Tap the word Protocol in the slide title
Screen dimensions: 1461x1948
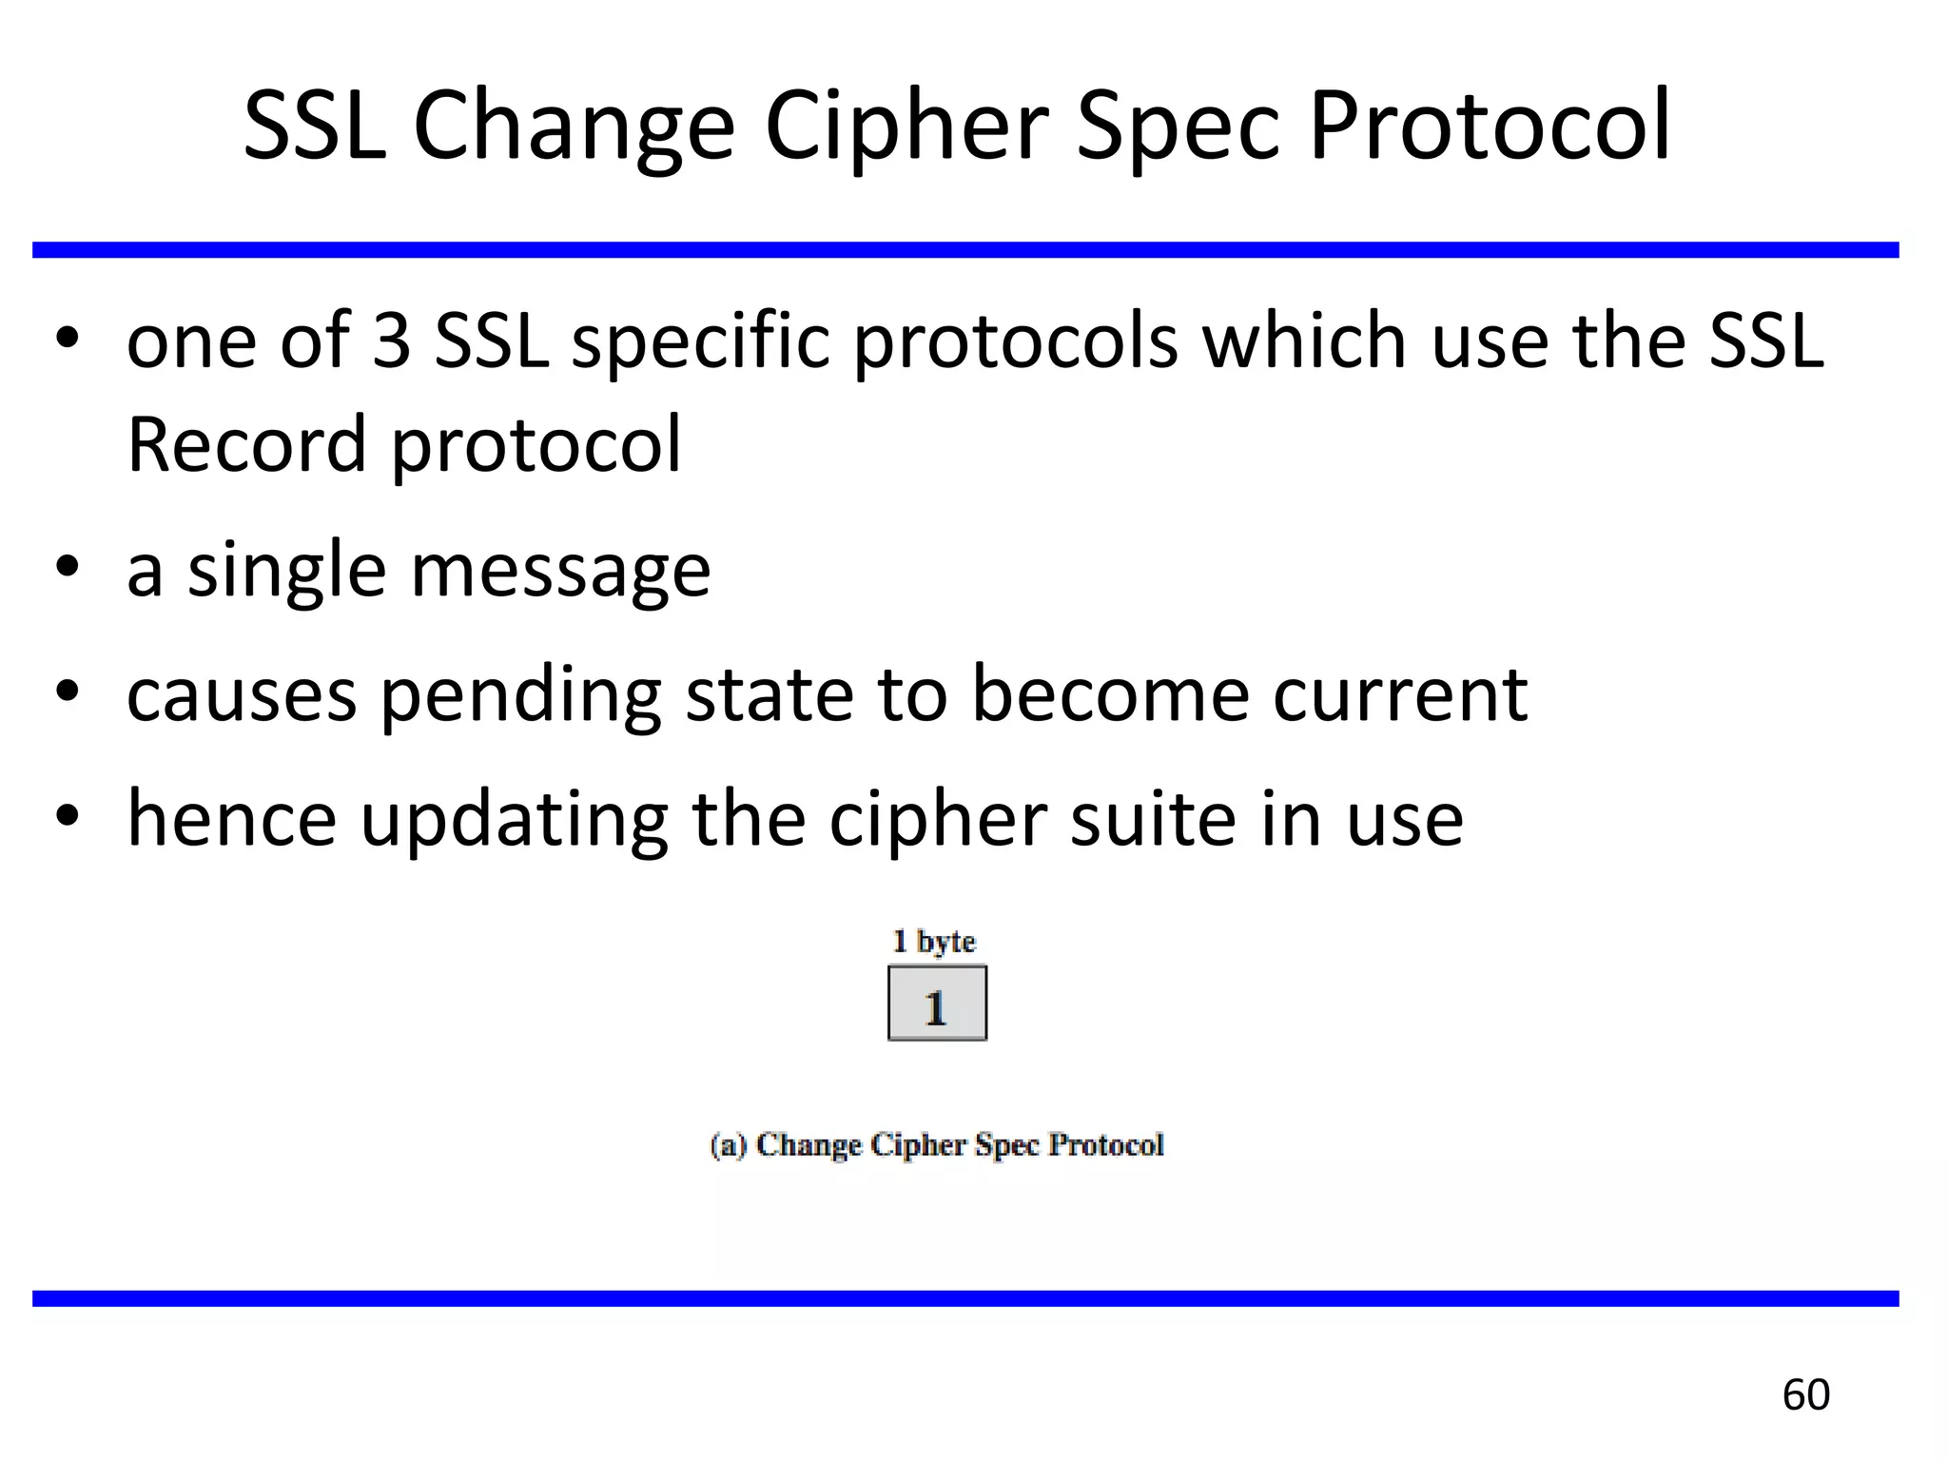(1489, 127)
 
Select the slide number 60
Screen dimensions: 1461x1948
(1805, 1394)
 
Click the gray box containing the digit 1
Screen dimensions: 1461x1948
(937, 1003)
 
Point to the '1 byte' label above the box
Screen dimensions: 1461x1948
(933, 942)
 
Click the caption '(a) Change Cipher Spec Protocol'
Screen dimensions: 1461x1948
(937, 1144)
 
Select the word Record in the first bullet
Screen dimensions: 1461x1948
(246, 444)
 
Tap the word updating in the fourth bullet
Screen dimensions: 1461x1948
(514, 820)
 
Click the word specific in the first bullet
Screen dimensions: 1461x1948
(701, 342)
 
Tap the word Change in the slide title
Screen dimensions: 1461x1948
(574, 127)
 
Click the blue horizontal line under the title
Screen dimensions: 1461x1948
(965, 250)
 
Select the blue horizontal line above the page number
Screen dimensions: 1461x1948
(965, 1298)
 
